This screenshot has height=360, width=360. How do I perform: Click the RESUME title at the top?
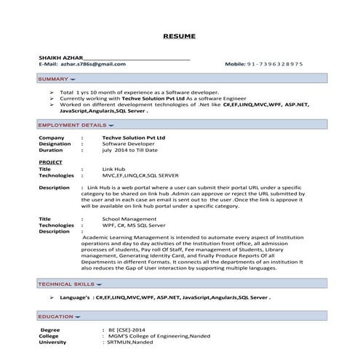180,35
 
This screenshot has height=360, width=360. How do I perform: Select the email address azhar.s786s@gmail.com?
93,64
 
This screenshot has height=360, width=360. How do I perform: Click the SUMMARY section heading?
53,78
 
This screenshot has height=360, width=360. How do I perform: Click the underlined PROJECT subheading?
50,161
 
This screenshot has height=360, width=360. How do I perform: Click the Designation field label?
55,143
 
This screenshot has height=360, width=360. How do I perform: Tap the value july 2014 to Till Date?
130,150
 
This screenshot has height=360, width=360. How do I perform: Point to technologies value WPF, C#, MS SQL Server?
134,225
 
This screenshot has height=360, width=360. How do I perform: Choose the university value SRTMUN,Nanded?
129,342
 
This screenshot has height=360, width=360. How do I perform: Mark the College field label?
49,335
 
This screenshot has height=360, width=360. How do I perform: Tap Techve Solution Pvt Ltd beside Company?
133,137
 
